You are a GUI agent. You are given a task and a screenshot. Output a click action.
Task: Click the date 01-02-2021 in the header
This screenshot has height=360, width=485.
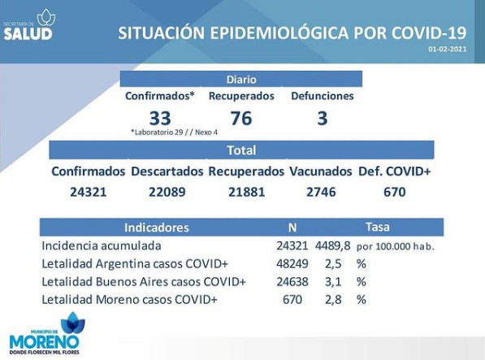(x=448, y=50)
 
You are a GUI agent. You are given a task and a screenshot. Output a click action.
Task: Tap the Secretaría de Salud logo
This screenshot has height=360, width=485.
(x=29, y=24)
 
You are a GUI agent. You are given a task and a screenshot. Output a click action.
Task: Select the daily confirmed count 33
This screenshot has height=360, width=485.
(x=160, y=118)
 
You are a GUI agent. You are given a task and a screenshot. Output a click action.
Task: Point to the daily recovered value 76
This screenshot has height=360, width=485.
(x=241, y=118)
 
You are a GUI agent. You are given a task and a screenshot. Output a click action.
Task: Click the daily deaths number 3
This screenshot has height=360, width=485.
(x=323, y=118)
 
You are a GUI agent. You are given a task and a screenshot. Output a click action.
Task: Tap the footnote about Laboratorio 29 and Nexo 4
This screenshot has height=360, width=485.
(x=174, y=132)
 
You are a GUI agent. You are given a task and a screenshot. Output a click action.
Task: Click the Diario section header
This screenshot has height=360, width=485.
(x=241, y=80)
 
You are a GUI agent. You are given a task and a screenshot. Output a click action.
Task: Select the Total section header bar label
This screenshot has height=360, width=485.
(x=241, y=150)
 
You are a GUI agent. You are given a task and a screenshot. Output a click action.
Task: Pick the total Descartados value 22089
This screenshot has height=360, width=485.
(x=167, y=192)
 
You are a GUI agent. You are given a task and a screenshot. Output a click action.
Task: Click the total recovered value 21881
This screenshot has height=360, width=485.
(x=246, y=192)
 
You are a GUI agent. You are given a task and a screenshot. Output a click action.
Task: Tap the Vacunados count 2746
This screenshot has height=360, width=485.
(x=321, y=192)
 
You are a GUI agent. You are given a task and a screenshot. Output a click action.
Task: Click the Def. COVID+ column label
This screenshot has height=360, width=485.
(x=394, y=171)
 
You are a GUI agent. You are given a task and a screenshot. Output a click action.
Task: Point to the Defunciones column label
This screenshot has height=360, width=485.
(x=323, y=96)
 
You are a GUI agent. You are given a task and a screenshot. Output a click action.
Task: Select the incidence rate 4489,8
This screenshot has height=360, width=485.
(x=333, y=246)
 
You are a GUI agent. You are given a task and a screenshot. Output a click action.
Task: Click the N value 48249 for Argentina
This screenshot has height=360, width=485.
(x=292, y=264)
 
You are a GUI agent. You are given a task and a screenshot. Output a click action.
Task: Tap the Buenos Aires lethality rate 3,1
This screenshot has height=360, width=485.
(x=333, y=282)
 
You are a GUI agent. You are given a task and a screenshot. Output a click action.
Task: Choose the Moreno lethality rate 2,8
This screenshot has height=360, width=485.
(x=333, y=300)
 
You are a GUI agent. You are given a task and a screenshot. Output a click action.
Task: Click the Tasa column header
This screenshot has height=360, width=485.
(x=378, y=227)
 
